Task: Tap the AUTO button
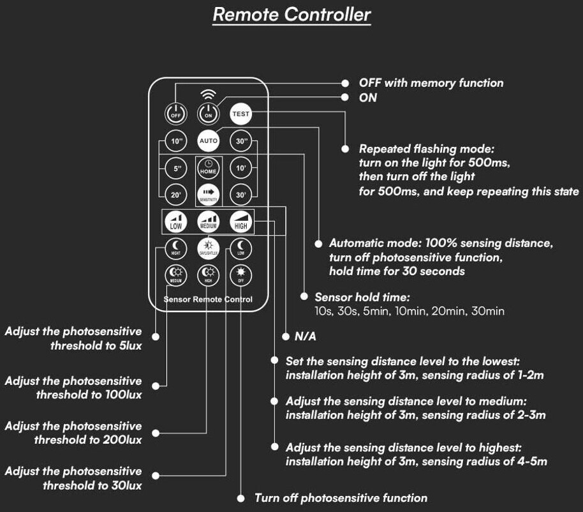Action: pyautogui.click(x=209, y=140)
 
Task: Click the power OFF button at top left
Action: pyautogui.click(x=175, y=114)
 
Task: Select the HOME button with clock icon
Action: pyautogui.click(x=209, y=168)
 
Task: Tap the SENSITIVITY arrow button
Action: pyautogui.click(x=209, y=193)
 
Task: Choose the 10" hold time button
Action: pyautogui.click(x=175, y=140)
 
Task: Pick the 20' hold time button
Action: pyautogui.click(x=175, y=194)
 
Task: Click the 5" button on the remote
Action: pyautogui.click(x=175, y=169)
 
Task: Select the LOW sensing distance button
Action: pyautogui.click(x=175, y=222)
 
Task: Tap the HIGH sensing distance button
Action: pyautogui.click(x=241, y=221)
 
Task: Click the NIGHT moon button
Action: pyautogui.click(x=175, y=248)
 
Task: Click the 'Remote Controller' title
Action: pyautogui.click(x=291, y=15)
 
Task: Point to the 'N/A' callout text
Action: pyautogui.click(x=305, y=336)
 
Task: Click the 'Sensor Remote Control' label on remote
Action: pyautogui.click(x=208, y=299)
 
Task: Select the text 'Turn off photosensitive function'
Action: pyautogui.click(x=341, y=498)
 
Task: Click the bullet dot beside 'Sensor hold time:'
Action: pyautogui.click(x=304, y=297)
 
